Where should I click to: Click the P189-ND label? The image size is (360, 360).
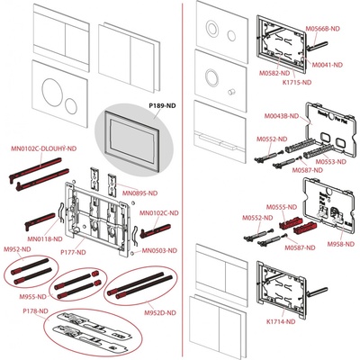[138, 105]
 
